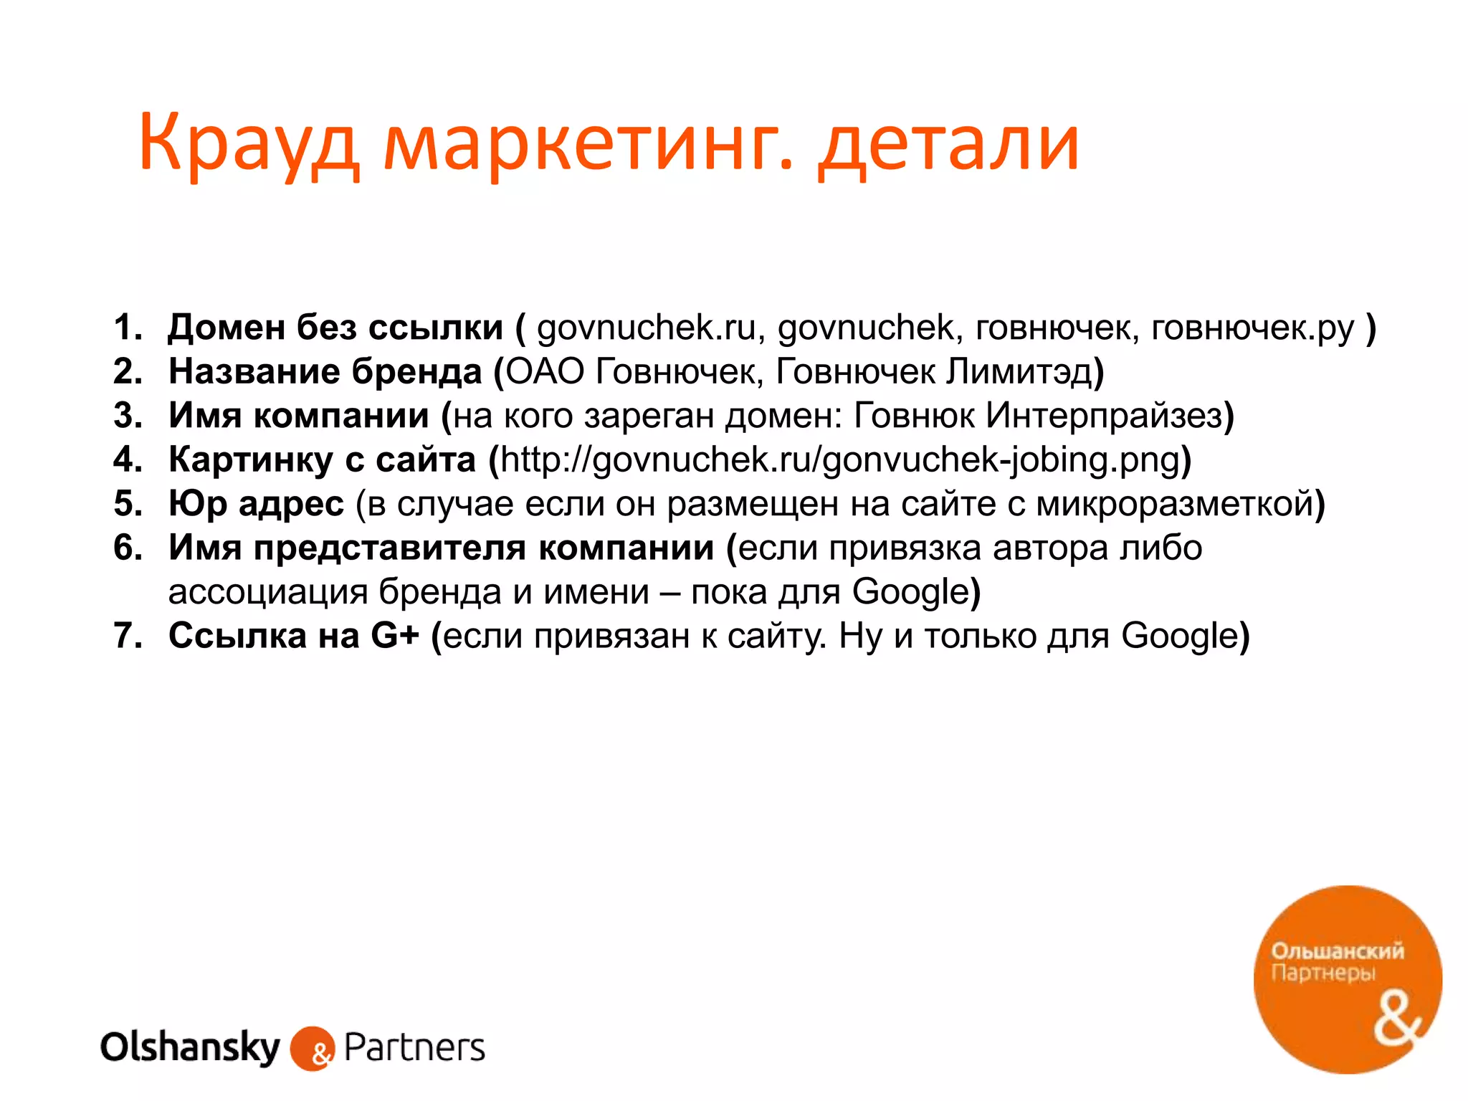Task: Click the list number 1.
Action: [x=128, y=328]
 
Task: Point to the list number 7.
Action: [x=128, y=636]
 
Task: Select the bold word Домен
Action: [x=227, y=328]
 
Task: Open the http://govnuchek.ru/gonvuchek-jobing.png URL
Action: [x=839, y=460]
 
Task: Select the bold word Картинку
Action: [x=251, y=460]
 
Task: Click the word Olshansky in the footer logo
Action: [x=190, y=1048]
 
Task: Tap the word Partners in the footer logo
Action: [x=414, y=1048]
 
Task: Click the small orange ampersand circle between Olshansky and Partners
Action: [x=313, y=1049]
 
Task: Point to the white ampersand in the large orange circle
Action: [x=1397, y=1021]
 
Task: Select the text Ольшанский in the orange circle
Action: [x=1338, y=951]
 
